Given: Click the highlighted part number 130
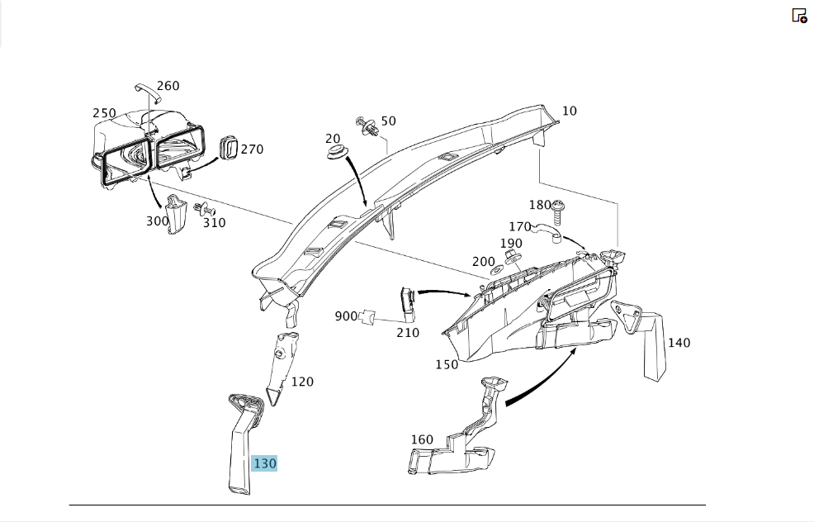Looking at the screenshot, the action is click(264, 463).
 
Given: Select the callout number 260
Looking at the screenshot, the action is click(168, 86).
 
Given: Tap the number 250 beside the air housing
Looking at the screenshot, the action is click(104, 113).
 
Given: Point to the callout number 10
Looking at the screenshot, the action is click(570, 111).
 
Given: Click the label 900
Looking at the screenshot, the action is click(346, 316).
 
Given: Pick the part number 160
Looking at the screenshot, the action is click(422, 440).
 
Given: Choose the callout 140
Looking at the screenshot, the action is click(679, 343).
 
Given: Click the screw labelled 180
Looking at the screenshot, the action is click(558, 212).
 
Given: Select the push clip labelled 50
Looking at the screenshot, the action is click(367, 126).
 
